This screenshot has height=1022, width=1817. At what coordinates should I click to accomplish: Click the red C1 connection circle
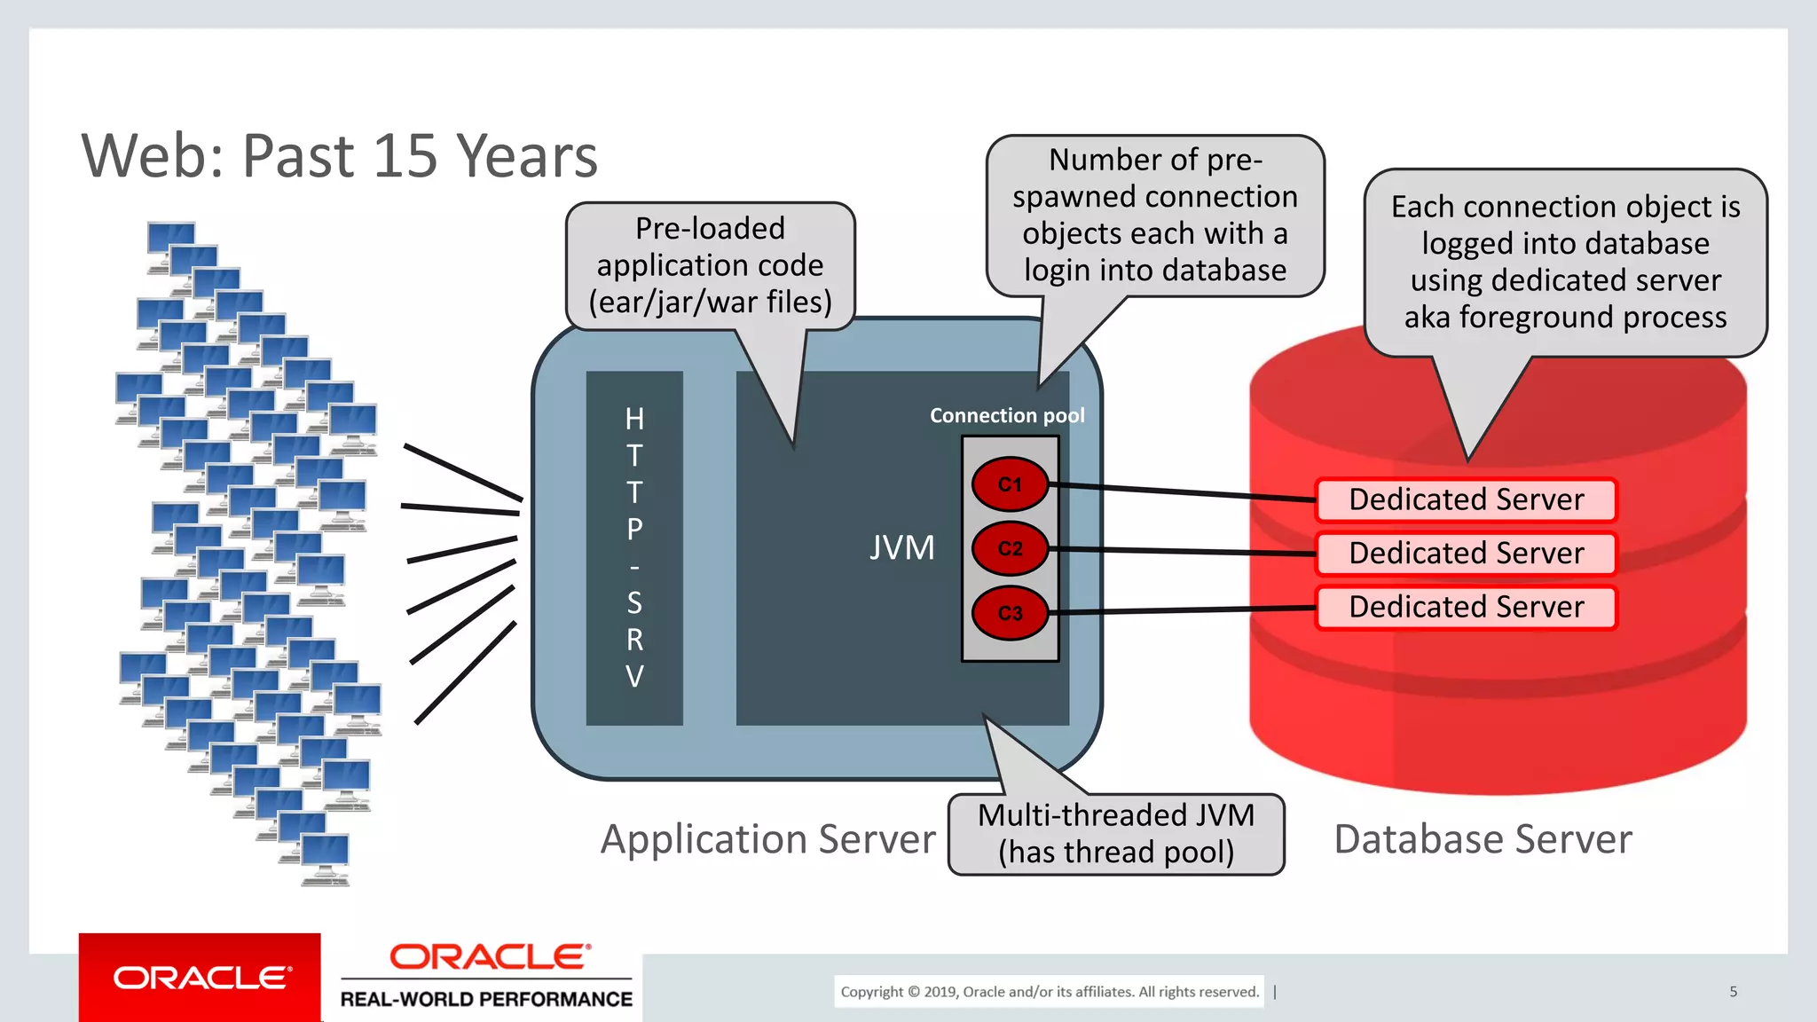(1010, 484)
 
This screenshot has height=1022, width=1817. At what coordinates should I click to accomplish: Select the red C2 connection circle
(1010, 548)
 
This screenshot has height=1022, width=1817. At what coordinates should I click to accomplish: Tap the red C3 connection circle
(1010, 612)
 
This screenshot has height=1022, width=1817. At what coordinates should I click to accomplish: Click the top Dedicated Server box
(1466, 499)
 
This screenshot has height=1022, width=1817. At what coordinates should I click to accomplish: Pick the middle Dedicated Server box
(1466, 554)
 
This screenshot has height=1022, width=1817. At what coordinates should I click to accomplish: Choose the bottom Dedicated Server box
(1466, 608)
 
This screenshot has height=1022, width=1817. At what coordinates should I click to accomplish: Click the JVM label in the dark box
(901, 547)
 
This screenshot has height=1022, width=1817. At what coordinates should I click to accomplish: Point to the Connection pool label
(1006, 415)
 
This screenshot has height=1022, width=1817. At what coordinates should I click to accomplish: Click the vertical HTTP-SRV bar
(634, 547)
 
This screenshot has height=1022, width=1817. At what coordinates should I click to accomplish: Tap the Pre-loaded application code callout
(710, 265)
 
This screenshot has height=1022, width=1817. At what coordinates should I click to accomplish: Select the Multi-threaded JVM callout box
(1116, 834)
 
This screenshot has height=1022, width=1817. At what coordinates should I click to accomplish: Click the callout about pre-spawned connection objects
(1154, 216)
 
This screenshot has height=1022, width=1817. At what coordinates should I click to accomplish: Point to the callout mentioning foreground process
(1565, 262)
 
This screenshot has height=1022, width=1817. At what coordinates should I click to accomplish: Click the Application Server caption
(767, 839)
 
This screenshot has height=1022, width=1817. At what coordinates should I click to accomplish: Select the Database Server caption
(1483, 839)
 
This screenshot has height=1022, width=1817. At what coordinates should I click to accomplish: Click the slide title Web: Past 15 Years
(339, 156)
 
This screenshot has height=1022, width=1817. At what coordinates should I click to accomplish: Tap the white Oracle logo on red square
(201, 978)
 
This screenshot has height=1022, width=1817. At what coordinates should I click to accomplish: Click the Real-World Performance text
(486, 999)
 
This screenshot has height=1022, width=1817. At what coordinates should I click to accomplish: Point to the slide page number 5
(1733, 992)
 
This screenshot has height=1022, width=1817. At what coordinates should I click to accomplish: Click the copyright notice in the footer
(1049, 992)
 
